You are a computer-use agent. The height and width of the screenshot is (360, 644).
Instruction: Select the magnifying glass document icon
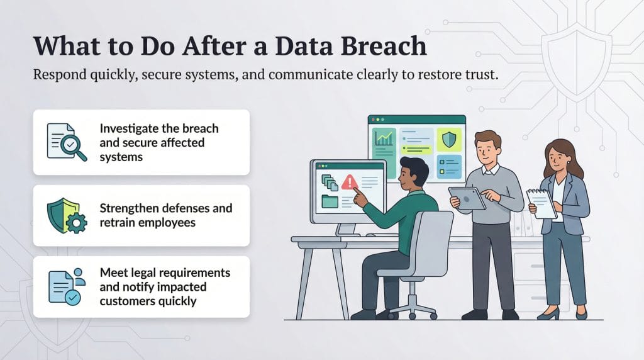(x=66, y=142)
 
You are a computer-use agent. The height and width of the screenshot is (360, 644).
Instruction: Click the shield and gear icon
(x=66, y=215)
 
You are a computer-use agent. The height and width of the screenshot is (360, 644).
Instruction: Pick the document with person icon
(x=66, y=286)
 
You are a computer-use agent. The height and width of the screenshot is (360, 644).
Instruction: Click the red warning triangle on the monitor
(x=349, y=183)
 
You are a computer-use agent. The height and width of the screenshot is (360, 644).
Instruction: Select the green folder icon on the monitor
(x=330, y=202)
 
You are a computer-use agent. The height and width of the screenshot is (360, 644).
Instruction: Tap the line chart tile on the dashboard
(x=384, y=138)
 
